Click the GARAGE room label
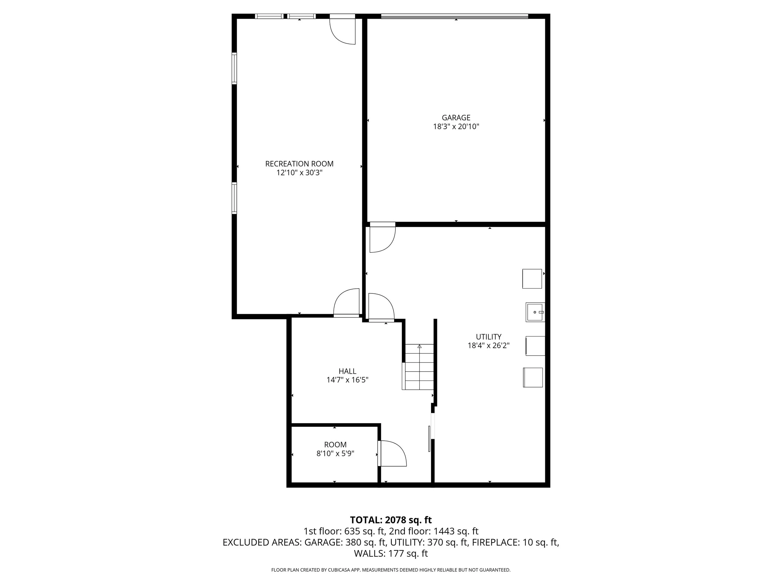(x=456, y=118)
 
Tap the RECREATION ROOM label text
(x=299, y=164)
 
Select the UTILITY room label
(x=488, y=337)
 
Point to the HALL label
(x=347, y=371)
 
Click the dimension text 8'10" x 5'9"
(x=335, y=453)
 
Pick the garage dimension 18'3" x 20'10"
(x=456, y=127)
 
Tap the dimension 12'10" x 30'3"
(x=299, y=173)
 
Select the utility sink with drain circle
(x=535, y=312)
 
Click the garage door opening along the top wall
(x=454, y=16)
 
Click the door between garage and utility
(x=382, y=237)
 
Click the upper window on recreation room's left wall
(x=234, y=68)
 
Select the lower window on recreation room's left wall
(x=234, y=198)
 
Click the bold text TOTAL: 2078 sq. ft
(x=391, y=520)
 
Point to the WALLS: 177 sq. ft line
(x=391, y=553)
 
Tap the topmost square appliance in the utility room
(x=532, y=279)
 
